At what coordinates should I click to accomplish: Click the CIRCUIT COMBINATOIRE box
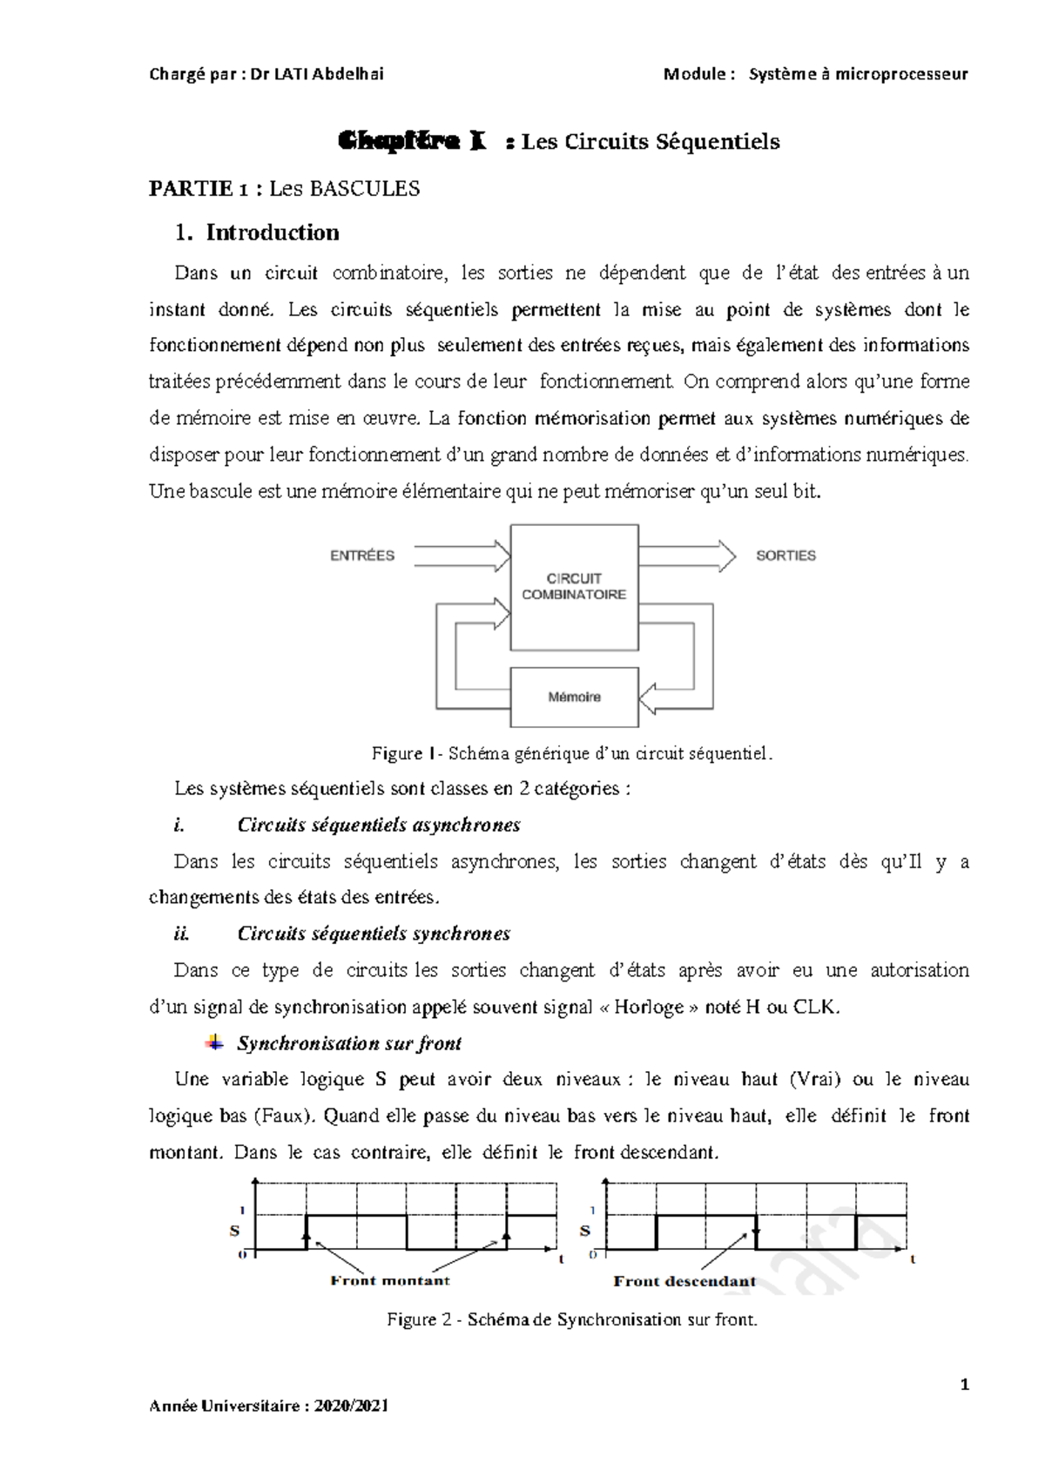pos(574,586)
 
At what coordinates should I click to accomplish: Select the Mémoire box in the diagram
pos(574,697)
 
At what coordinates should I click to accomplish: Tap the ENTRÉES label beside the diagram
pos(362,556)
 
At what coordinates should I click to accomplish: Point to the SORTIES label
pos(785,556)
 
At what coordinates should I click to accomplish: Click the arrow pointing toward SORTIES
pos(686,556)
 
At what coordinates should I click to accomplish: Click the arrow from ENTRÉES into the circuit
pos(462,556)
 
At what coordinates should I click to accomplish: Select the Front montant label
pos(390,1280)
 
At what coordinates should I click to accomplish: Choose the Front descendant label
pos(684,1281)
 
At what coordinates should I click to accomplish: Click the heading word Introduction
pos(273,233)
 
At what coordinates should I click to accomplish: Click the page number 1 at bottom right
pos(964,1385)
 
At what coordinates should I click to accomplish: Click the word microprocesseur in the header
pos(901,74)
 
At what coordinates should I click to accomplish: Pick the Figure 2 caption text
pos(572,1319)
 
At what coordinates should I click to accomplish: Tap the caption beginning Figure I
pos(572,753)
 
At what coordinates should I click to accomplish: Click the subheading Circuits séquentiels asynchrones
pos(379,825)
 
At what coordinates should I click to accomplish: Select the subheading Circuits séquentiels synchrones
pos(374,934)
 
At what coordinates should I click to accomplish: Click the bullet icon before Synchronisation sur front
pos(213,1042)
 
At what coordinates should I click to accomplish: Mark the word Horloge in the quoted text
pos(650,1007)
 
